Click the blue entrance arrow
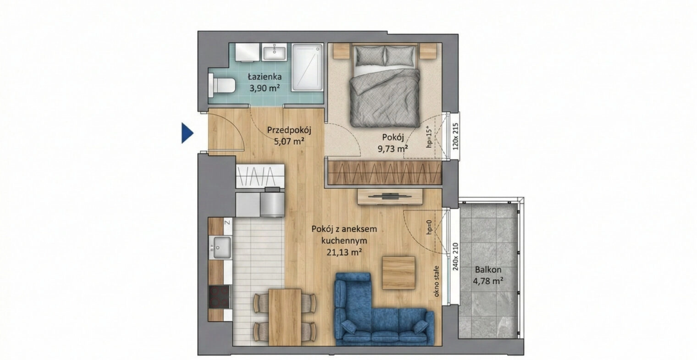pyautogui.click(x=187, y=133)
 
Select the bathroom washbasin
pyautogui.click(x=274, y=52)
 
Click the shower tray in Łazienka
pyautogui.click(x=307, y=67)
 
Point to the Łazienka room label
pyautogui.click(x=265, y=77)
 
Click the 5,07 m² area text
pyautogui.click(x=289, y=142)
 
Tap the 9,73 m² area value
pyautogui.click(x=393, y=149)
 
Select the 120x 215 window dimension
pyautogui.click(x=455, y=137)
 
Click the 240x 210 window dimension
pyautogui.click(x=455, y=256)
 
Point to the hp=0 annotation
pyautogui.click(x=429, y=227)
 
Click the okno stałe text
pyautogui.click(x=436, y=281)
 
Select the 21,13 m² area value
pyautogui.click(x=344, y=252)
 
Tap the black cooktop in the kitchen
pyautogui.click(x=219, y=297)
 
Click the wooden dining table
pyautogui.click(x=285, y=317)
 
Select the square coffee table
pyautogui.click(x=398, y=273)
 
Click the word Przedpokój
pyautogui.click(x=289, y=130)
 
